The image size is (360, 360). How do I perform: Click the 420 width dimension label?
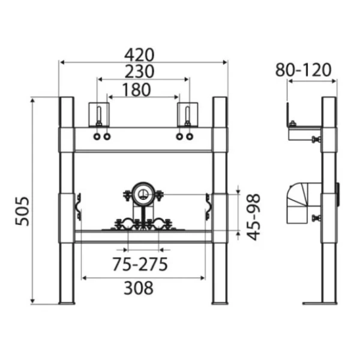[139, 55]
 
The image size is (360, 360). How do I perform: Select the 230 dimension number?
[139, 71]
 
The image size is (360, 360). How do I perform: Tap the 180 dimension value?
[137, 89]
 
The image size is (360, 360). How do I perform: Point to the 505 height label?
[22, 211]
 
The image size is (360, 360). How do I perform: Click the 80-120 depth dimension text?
[303, 70]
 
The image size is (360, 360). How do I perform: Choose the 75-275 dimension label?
[140, 264]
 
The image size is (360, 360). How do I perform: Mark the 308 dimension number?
[139, 288]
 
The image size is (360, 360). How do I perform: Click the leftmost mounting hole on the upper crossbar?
[97, 137]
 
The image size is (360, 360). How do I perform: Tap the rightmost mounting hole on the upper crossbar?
[190, 137]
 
